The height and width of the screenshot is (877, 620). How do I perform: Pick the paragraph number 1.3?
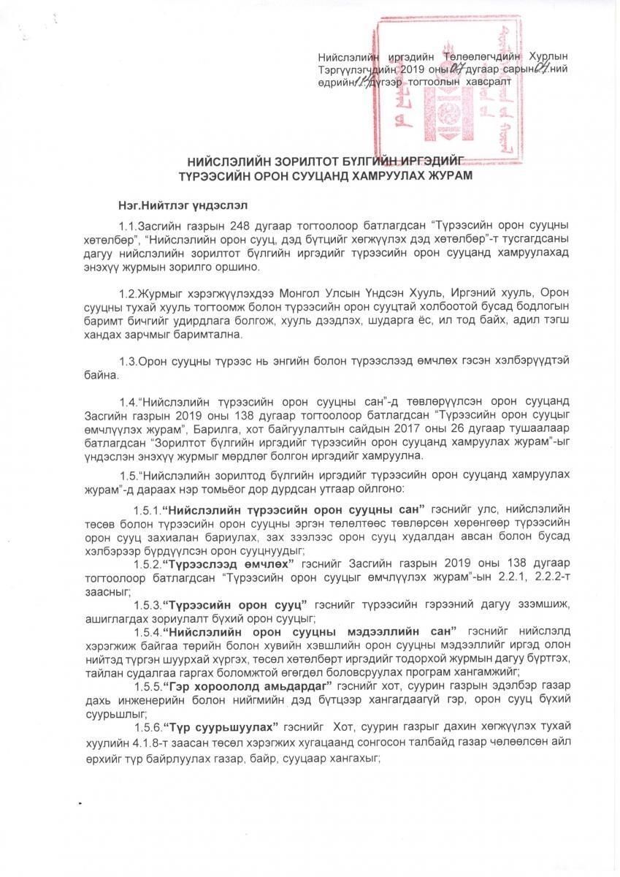[x=128, y=361]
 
